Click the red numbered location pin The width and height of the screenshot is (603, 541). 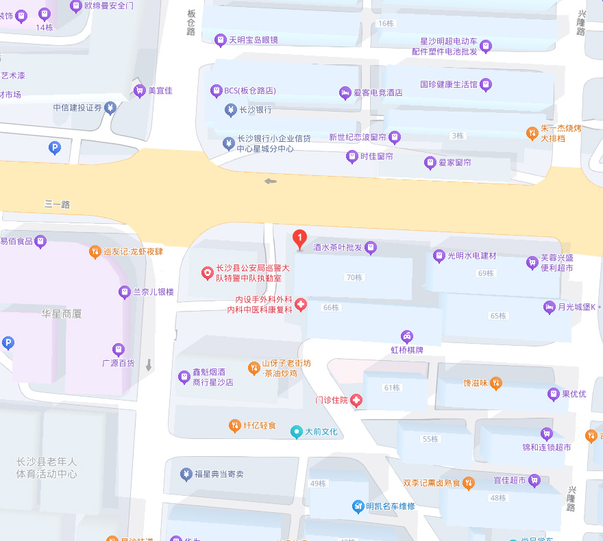tap(299, 238)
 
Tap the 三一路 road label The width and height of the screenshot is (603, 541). tap(58, 204)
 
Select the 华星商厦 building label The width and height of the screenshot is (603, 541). tap(62, 314)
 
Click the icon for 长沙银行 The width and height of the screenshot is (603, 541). tap(230, 110)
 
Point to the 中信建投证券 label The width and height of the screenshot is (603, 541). tap(77, 108)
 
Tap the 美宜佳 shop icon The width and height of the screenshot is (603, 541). tap(140, 90)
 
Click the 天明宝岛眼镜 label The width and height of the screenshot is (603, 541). tap(253, 40)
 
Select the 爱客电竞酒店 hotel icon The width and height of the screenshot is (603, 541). tap(345, 92)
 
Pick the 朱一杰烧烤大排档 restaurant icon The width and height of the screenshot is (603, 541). tap(532, 132)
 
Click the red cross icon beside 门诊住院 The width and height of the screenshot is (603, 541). tap(356, 401)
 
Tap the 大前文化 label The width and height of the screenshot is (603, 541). tap(321, 431)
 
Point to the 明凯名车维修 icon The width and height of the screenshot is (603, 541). tap(358, 506)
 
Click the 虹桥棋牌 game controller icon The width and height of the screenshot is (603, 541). tap(407, 336)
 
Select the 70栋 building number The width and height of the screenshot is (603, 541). tap(354, 277)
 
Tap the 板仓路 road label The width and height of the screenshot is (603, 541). tap(190, 23)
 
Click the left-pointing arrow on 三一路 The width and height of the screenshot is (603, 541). tap(271, 181)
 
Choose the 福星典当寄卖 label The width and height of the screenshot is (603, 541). tap(219, 474)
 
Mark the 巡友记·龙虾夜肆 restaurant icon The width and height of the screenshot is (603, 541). tap(95, 251)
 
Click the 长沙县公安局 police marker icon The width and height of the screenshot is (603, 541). tap(207, 273)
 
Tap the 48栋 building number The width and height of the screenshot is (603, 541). tap(497, 498)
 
